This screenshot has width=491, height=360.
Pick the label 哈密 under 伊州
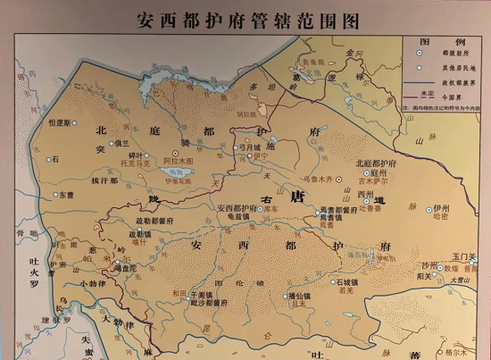pyautogui.click(x=439, y=216)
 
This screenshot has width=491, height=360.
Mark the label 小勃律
pyautogui.click(x=92, y=283)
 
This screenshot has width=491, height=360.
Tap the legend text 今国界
pyautogui.click(x=444, y=106)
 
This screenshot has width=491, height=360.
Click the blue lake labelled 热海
pyautogui.click(x=175, y=173)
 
